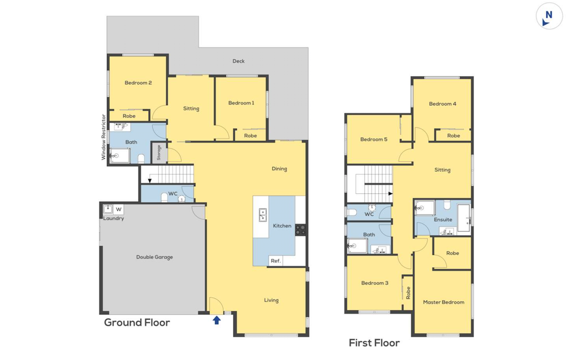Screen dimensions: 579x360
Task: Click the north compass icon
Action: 549,16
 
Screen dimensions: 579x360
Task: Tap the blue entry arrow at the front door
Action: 217,320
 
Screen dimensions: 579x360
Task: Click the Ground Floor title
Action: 137,323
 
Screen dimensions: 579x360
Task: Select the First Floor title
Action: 374,343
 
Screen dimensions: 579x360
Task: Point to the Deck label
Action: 239,61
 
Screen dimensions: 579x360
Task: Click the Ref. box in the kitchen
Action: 276,261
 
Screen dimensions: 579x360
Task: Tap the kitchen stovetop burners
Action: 301,229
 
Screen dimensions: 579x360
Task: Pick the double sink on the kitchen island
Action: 262,215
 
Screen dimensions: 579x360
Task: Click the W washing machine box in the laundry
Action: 119,209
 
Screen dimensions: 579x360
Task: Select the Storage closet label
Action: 159,153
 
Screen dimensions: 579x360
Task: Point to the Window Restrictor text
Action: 103,137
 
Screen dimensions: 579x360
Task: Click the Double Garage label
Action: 154,257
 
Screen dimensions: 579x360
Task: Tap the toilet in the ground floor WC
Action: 165,198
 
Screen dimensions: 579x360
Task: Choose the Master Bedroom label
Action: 443,302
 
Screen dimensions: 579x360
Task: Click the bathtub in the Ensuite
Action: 464,218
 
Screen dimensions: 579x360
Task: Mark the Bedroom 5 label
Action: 374,139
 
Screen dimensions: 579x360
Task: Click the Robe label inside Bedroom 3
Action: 408,293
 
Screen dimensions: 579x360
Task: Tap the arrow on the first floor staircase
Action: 390,193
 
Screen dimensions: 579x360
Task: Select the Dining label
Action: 279,169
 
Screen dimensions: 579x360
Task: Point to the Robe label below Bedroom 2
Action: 129,116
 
